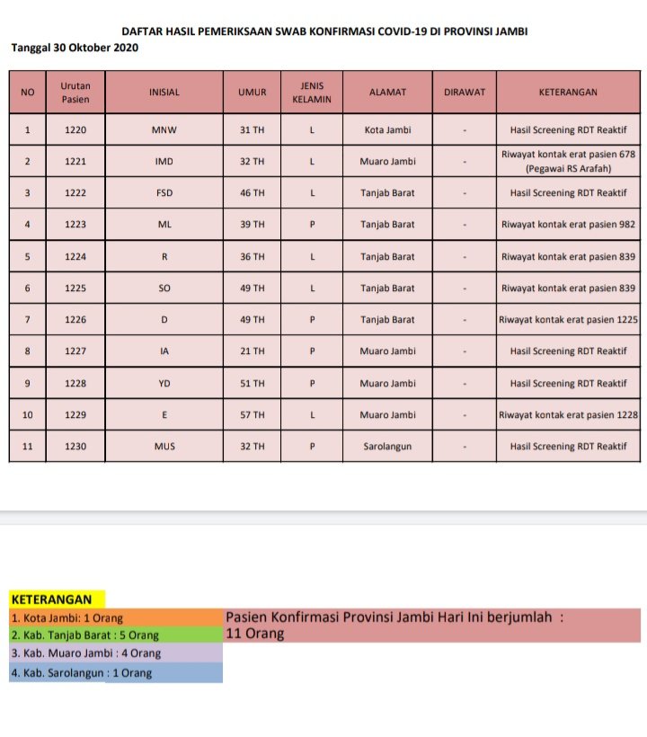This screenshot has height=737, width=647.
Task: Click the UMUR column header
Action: click(252, 92)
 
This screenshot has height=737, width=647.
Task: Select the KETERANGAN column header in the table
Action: click(568, 92)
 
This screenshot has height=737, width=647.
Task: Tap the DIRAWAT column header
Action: click(465, 92)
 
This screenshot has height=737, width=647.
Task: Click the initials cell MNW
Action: click(164, 129)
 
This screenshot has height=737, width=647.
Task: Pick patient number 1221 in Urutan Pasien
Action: click(75, 162)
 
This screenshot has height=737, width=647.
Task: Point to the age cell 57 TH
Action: click(252, 414)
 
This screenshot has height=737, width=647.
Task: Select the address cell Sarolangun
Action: click(388, 446)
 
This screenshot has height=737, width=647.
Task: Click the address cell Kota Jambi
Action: click(388, 129)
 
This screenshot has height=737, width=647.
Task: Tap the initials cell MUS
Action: click(164, 446)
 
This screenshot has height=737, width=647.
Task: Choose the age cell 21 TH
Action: click(252, 351)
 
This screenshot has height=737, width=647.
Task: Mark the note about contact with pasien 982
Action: click(568, 225)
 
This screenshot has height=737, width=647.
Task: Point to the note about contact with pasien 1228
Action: click(568, 414)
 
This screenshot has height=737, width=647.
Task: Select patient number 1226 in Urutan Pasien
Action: click(75, 319)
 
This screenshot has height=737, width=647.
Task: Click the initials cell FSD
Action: click(164, 193)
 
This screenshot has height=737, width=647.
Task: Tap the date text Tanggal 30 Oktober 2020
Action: click(75, 47)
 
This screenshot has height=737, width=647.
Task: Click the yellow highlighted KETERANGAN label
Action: click(51, 599)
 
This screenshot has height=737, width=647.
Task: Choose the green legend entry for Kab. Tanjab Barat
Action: click(85, 635)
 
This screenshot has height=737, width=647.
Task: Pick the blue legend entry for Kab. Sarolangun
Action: click(82, 672)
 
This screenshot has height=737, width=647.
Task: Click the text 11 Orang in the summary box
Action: click(255, 634)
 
